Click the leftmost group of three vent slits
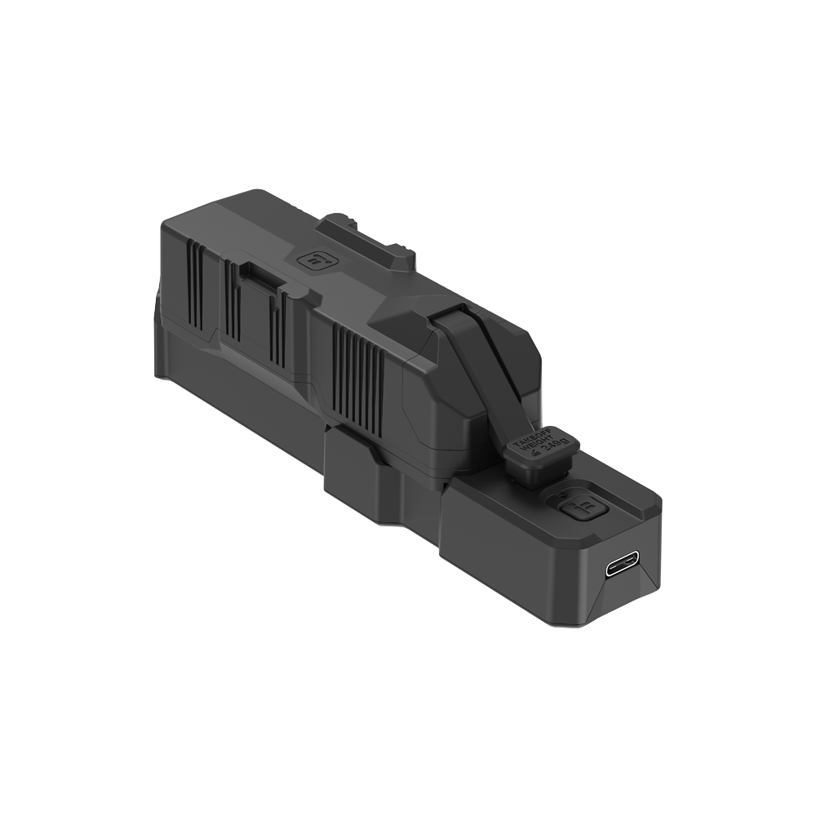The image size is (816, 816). click(195, 285)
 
